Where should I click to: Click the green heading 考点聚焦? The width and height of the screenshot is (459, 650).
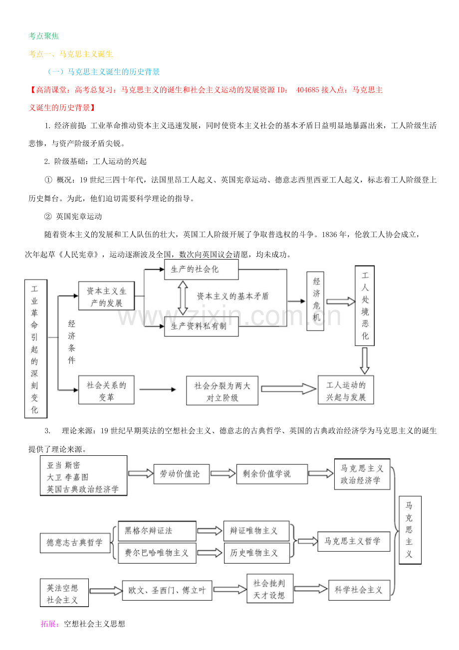[x=44, y=36]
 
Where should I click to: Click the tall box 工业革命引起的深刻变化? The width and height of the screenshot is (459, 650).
[x=35, y=348]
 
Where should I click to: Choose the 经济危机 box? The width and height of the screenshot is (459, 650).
[x=316, y=301]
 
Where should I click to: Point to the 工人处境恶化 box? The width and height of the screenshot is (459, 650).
[x=365, y=306]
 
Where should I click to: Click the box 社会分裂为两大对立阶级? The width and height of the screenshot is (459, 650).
[x=222, y=391]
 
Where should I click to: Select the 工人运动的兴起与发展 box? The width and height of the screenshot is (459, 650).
[x=346, y=390]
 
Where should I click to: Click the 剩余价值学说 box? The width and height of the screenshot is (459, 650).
[x=272, y=473]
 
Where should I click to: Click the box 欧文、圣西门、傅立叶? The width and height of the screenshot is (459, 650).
[x=167, y=590]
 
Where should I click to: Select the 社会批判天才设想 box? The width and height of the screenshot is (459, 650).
[x=269, y=589]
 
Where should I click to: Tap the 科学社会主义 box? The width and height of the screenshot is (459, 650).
[x=359, y=590]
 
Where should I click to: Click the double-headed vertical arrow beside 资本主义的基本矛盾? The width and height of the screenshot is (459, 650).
[x=183, y=298]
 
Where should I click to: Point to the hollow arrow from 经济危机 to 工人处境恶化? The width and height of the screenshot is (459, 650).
[x=338, y=301]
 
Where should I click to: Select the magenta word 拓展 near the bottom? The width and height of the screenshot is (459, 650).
[x=49, y=624]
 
